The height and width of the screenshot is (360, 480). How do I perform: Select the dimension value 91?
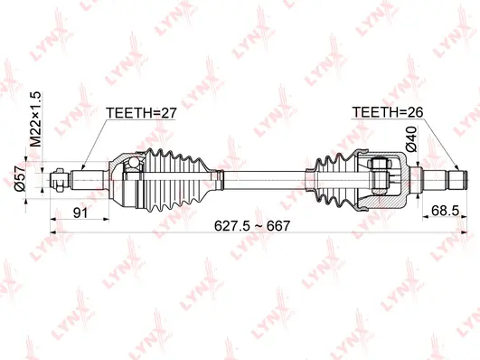(x=81, y=213)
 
